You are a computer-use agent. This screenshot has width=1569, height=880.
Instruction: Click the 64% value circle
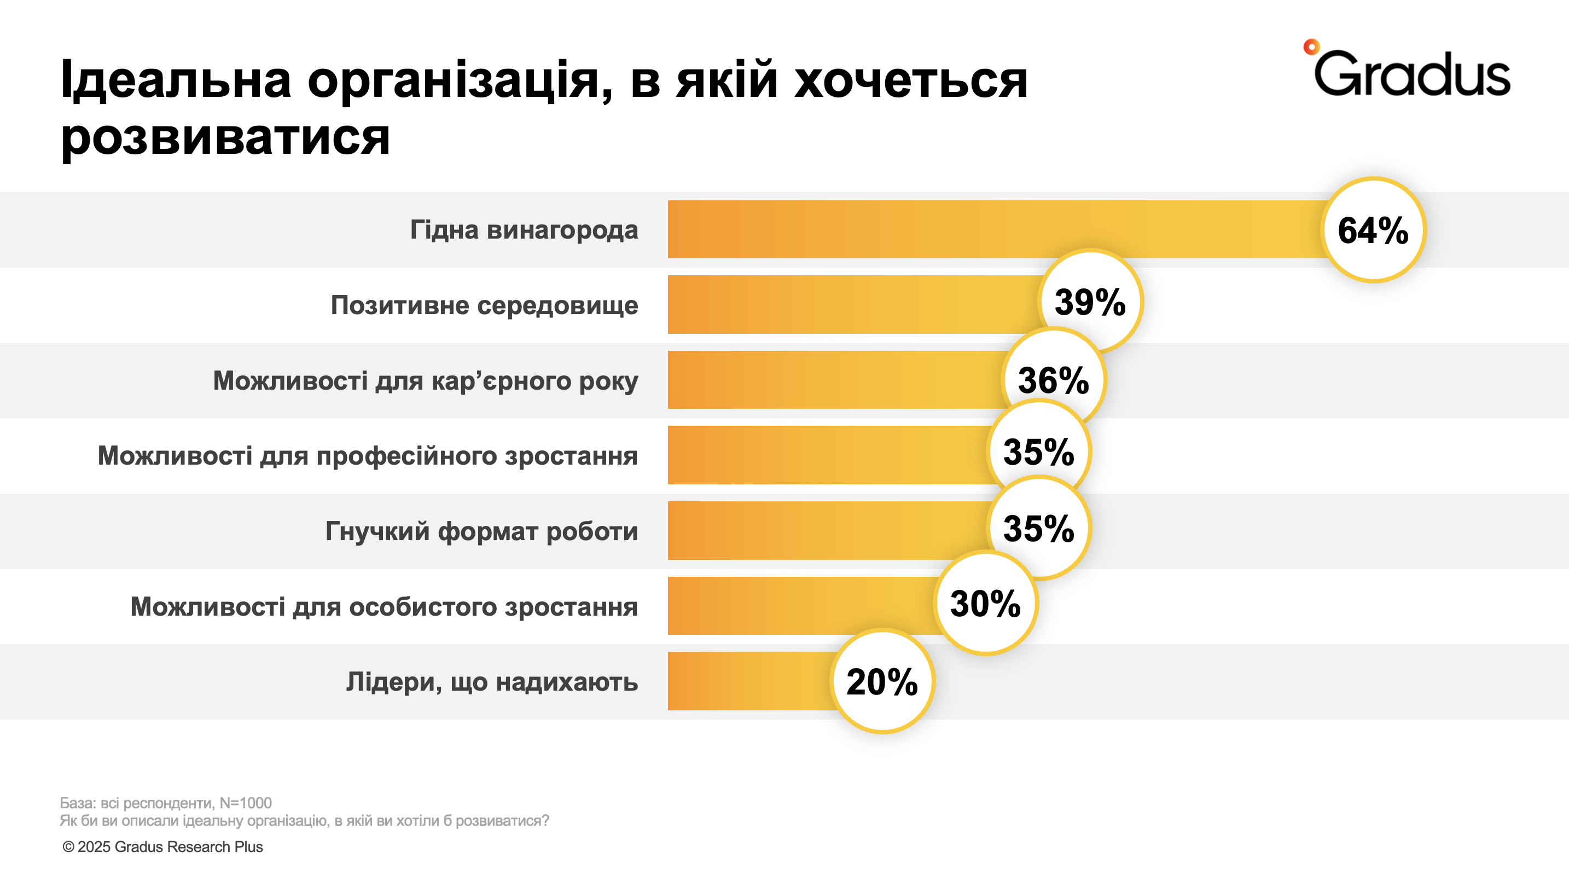point(1373,230)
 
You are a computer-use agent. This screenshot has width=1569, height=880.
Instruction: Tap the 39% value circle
point(1090,302)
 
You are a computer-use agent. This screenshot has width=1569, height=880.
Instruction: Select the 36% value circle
point(1053,379)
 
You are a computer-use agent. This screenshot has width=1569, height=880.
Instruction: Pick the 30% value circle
point(985,603)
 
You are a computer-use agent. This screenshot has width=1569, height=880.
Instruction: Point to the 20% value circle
point(882,681)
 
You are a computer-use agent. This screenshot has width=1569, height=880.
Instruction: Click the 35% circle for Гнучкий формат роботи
point(1038,528)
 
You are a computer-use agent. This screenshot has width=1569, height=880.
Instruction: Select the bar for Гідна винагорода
point(993,229)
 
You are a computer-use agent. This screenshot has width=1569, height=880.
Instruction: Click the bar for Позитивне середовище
point(853,304)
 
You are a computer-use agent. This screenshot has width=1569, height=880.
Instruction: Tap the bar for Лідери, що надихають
point(749,681)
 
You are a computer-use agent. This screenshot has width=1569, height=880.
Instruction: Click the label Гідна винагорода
point(524,230)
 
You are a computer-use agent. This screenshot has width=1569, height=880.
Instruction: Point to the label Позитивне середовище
point(484,305)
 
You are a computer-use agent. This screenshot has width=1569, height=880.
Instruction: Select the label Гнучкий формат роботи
point(481,531)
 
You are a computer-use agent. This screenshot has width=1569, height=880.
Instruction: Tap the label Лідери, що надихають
point(491,681)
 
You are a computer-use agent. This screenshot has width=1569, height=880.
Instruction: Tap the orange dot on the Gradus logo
point(1311,47)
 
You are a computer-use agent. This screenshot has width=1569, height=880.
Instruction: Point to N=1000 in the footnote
point(246,803)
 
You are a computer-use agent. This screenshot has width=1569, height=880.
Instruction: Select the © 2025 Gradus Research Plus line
point(162,847)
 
